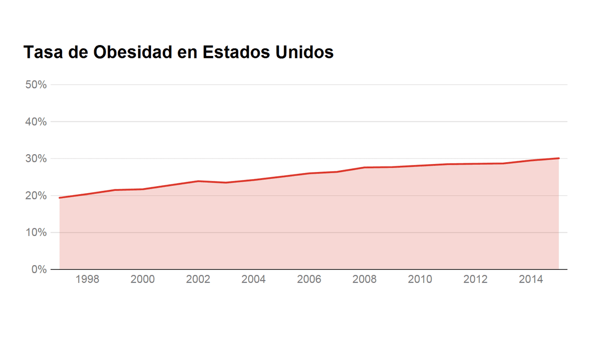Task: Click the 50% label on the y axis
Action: [36, 85]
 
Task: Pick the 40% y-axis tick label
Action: [36, 122]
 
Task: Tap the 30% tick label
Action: [36, 159]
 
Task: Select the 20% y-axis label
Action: [36, 196]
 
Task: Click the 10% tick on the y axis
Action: [36, 233]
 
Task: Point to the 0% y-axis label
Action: [39, 269]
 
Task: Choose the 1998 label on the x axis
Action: [87, 280]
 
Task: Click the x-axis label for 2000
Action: [143, 280]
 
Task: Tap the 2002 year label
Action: [198, 280]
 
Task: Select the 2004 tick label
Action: [253, 280]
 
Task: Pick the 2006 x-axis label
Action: [309, 280]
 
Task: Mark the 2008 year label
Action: [364, 280]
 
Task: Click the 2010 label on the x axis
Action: [420, 280]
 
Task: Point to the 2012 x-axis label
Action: [475, 280]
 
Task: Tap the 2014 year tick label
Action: [531, 280]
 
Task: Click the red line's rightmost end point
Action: [558, 158]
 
